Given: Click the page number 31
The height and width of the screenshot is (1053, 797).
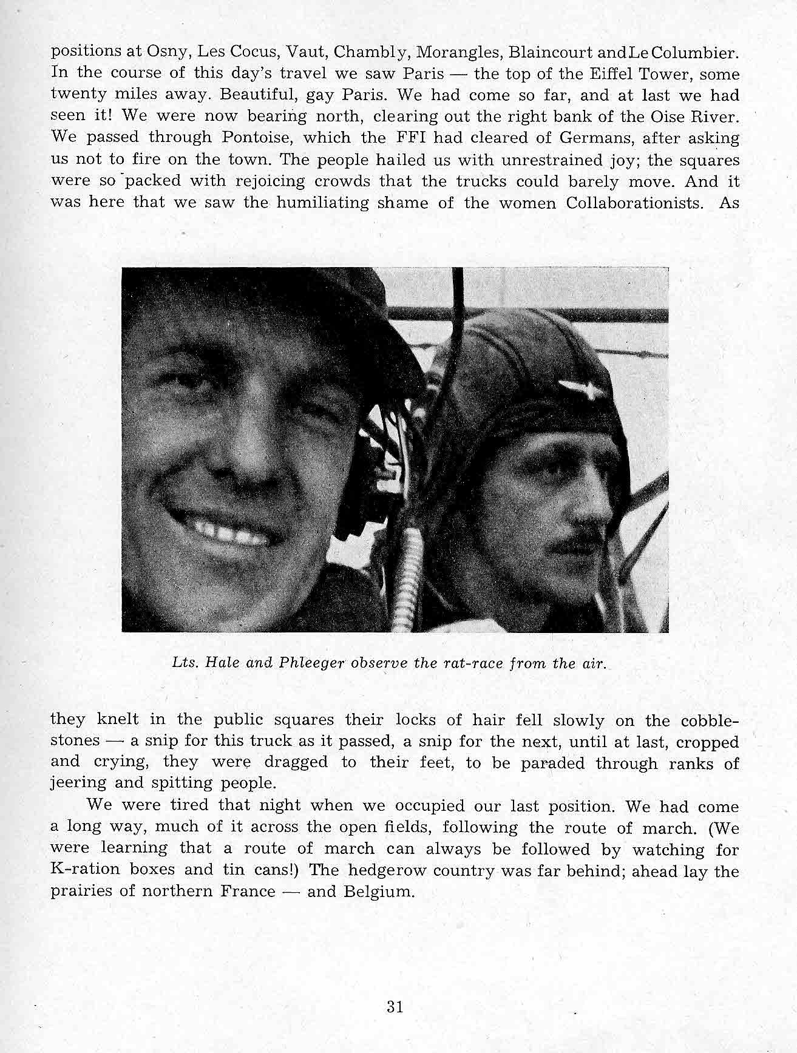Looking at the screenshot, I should coord(395,1007).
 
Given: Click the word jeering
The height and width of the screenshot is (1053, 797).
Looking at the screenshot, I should coord(78,784).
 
